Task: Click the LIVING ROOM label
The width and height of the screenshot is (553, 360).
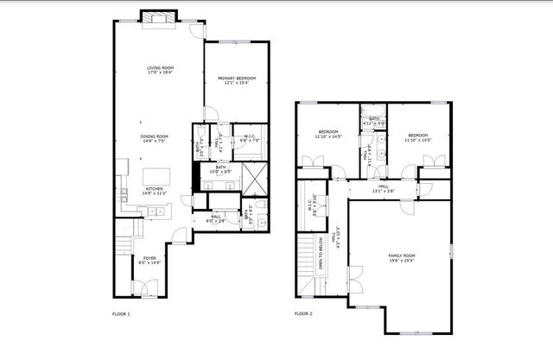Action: (160, 67)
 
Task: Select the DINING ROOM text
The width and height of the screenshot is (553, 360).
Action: (155, 136)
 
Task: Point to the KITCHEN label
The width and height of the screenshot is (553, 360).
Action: (155, 188)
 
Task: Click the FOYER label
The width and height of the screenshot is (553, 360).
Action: (149, 257)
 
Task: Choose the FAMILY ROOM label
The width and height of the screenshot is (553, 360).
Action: (402, 256)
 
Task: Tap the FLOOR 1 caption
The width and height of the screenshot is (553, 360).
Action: (121, 313)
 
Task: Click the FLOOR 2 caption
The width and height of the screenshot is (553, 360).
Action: (302, 313)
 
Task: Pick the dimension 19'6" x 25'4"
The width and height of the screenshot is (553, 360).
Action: (402, 261)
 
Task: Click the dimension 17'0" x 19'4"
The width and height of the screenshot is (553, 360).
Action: (160, 73)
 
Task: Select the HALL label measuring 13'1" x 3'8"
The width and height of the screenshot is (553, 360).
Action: (383, 186)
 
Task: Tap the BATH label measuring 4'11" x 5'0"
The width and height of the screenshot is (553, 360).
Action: (374, 118)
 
